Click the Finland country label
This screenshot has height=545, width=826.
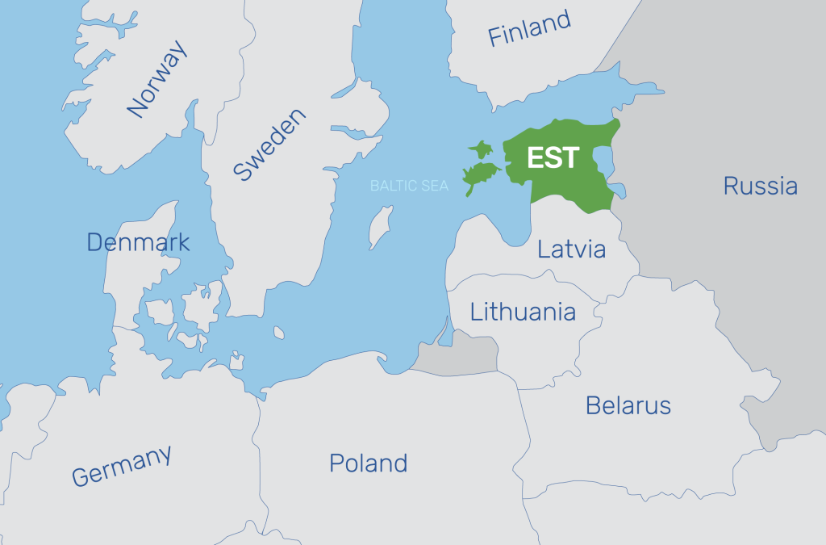(529, 29)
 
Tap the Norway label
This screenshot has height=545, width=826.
(158, 79)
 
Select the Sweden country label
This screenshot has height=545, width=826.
(269, 145)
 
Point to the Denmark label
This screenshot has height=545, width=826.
(138, 241)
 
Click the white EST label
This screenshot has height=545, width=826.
(553, 157)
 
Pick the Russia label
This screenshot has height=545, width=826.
(760, 187)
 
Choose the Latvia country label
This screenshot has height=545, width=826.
(571, 249)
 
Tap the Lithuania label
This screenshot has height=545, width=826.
(523, 312)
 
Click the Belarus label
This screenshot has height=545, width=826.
(628, 405)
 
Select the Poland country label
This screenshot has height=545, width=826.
(368, 463)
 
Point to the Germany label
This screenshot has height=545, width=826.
(121, 466)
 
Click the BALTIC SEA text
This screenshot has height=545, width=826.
(409, 186)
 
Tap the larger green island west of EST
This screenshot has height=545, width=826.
(482, 174)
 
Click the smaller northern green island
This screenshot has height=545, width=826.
(482, 149)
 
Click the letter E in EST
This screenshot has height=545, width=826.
(535, 157)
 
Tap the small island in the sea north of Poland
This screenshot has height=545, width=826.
(278, 333)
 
